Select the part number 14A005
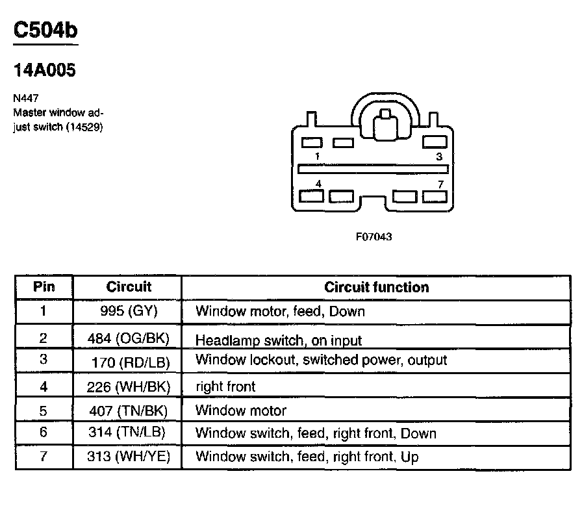coord(44,70)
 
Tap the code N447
coord(24,99)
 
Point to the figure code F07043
coord(373,237)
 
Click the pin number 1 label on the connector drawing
coord(316,157)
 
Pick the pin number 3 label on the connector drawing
coord(439,157)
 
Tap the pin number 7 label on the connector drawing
coord(440,184)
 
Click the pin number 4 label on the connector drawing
coord(318,184)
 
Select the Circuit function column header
coord(376,287)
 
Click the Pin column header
coord(44,287)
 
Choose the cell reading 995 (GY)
coord(129,311)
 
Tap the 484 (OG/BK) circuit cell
coord(129,338)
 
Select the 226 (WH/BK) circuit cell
coord(129,387)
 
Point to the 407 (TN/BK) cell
coord(129,410)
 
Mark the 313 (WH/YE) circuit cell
coord(129,457)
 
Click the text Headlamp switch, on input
coord(278,340)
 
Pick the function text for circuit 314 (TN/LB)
coord(316,433)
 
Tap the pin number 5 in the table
coord(44,410)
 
